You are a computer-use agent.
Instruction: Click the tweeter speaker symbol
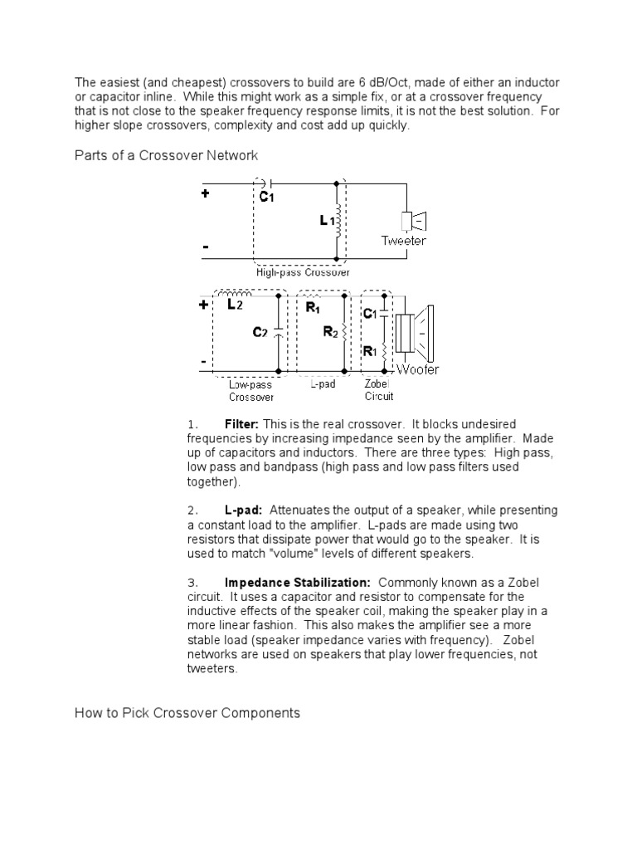click(412, 221)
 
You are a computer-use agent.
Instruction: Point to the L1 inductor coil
click(338, 222)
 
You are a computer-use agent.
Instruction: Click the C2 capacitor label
click(260, 332)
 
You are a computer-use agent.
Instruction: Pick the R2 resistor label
click(329, 332)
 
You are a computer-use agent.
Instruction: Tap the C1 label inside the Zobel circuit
click(370, 314)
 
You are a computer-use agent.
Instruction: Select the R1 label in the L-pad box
click(313, 308)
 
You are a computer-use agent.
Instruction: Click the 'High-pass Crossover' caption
click(303, 272)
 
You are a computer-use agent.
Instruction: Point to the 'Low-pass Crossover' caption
click(250, 391)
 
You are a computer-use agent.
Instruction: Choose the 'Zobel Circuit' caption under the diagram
click(378, 391)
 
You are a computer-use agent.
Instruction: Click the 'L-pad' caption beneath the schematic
click(322, 385)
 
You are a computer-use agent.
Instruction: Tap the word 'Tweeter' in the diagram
click(404, 241)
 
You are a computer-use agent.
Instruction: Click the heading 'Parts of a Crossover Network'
click(167, 155)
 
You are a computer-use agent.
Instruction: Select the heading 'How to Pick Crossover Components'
click(187, 712)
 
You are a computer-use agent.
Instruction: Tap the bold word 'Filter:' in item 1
click(241, 423)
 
